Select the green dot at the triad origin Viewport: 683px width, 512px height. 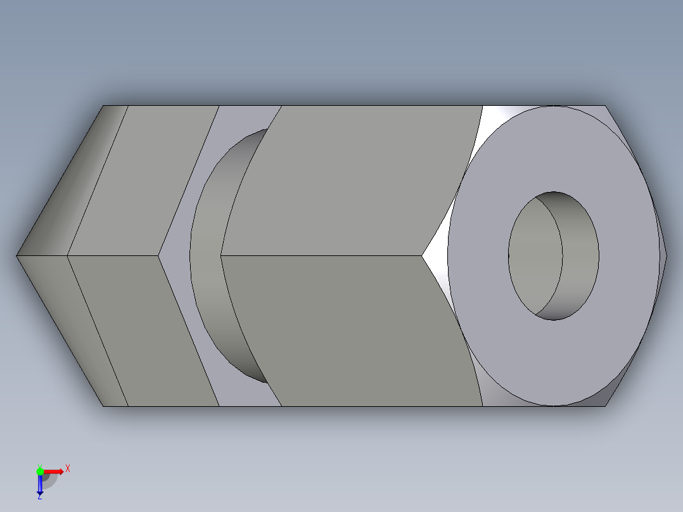coord(40,471)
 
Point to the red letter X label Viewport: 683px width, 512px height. coord(68,469)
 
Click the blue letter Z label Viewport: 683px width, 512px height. coord(39,497)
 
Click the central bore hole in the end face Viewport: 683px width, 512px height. coord(553,256)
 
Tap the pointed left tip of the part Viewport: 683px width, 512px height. coord(17,256)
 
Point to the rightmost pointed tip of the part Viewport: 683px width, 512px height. coord(667,256)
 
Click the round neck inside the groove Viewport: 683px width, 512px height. coord(209,257)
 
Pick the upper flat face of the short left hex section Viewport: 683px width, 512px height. coord(143,181)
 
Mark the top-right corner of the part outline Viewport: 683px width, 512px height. coord(605,105)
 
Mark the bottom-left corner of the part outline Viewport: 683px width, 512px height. coord(103,406)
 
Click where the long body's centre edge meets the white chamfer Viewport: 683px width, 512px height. coord(423,256)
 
